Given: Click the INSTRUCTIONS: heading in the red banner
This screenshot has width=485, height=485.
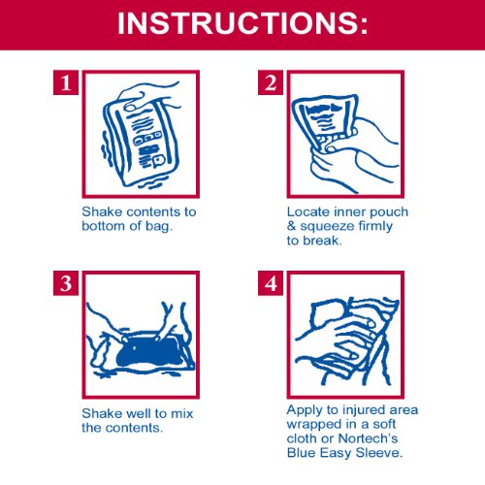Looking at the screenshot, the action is [x=242, y=23].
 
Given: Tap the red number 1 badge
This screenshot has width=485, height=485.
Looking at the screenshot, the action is [x=66, y=82].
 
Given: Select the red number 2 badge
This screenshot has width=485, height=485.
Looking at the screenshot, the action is [x=271, y=82].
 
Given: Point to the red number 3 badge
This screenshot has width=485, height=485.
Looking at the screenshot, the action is [x=66, y=283].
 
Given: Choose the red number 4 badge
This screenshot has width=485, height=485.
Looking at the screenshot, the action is [x=271, y=283].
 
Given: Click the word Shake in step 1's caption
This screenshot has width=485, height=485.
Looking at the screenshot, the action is [x=102, y=212].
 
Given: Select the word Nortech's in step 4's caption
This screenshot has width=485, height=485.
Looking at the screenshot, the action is [x=368, y=438].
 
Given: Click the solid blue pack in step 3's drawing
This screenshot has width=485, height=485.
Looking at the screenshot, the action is [x=149, y=353].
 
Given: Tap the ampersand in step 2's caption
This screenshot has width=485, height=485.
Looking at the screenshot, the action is [x=291, y=226].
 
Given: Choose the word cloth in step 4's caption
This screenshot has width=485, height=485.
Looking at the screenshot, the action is [x=302, y=438].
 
